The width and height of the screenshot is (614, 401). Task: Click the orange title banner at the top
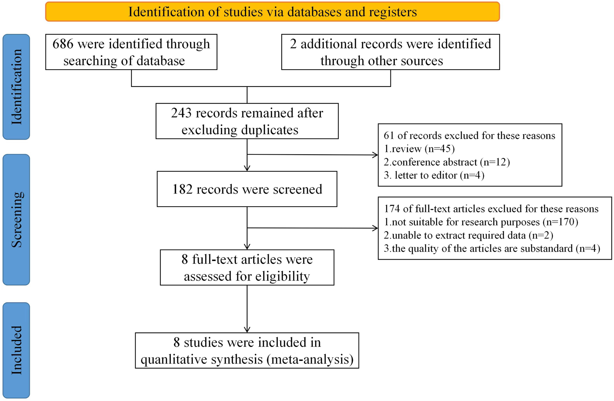(x=272, y=12)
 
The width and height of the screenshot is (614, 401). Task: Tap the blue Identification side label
(x=16, y=87)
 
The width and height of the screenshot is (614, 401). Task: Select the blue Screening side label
(x=16, y=220)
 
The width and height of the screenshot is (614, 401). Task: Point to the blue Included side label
(x=16, y=350)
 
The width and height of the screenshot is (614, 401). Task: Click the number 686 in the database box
(x=63, y=44)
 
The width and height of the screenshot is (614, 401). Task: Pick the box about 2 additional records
(x=390, y=52)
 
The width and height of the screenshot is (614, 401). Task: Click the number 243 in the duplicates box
(x=181, y=113)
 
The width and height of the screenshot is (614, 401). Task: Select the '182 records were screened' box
(x=247, y=189)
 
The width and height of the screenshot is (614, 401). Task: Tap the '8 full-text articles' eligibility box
(x=247, y=268)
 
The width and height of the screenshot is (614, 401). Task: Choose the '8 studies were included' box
(x=247, y=351)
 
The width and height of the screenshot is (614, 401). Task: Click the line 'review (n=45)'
(x=419, y=149)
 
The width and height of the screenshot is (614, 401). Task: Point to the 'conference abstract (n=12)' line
(x=447, y=162)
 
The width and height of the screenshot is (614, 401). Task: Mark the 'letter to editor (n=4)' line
(x=434, y=175)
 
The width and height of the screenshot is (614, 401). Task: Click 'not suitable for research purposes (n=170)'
(x=481, y=222)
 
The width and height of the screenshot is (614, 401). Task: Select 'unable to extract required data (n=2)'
(x=468, y=235)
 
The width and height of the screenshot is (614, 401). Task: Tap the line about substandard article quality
(x=492, y=248)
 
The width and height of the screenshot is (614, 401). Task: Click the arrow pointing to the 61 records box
(x=374, y=155)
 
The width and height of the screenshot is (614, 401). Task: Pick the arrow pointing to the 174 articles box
(x=374, y=228)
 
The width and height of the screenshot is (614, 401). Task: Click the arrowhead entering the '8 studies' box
(x=247, y=329)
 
